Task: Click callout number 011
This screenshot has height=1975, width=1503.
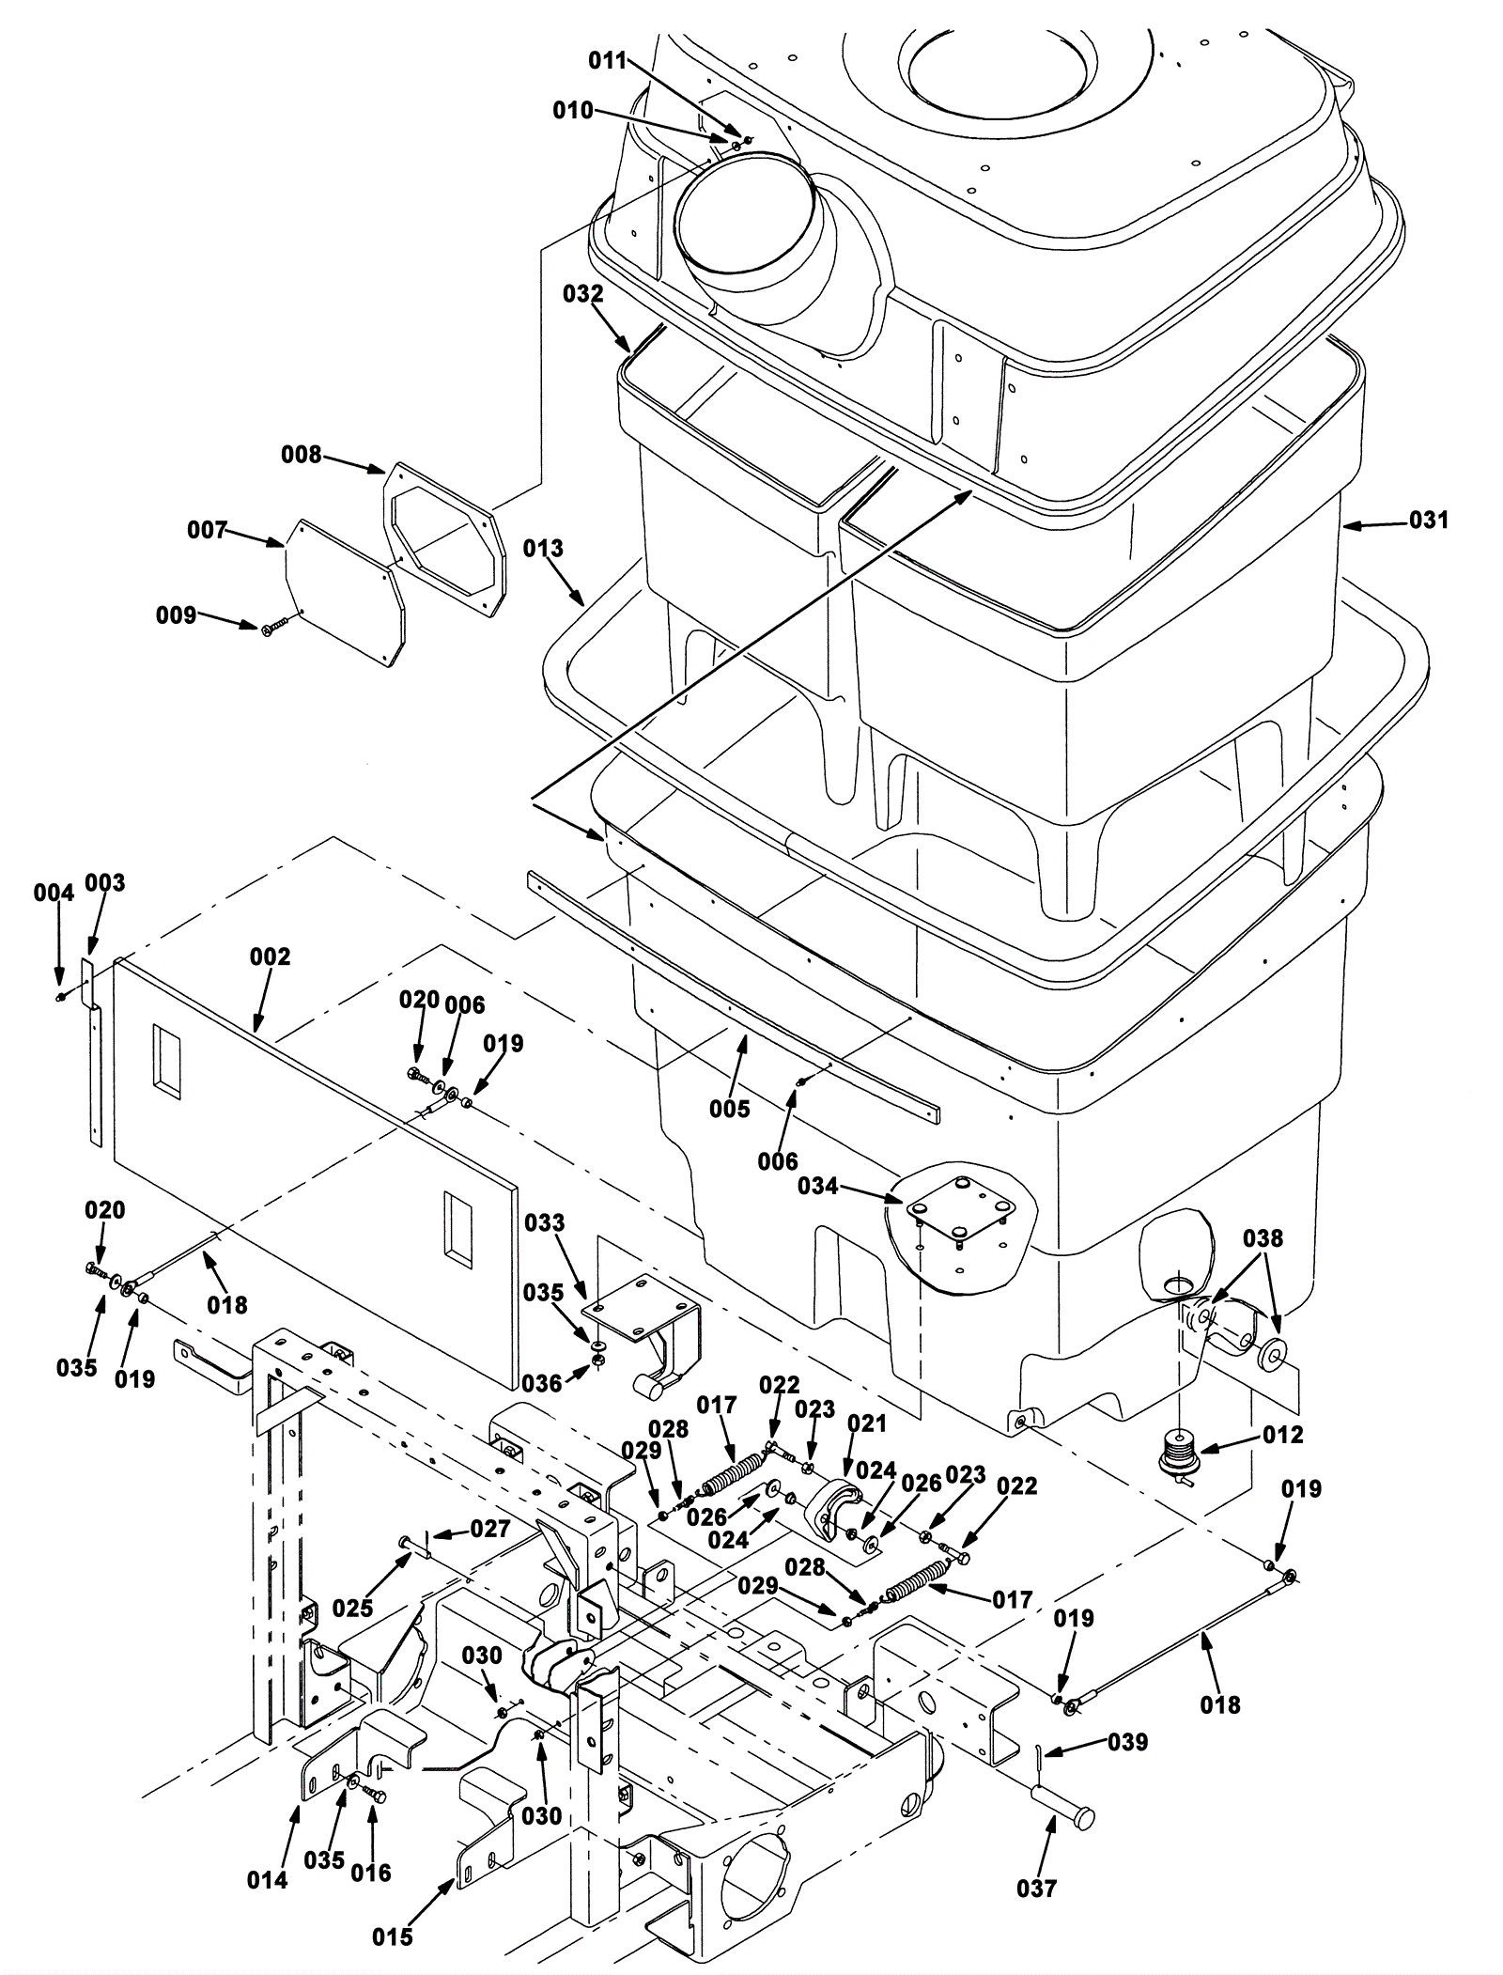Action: tap(607, 61)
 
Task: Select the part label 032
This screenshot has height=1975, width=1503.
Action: tap(583, 294)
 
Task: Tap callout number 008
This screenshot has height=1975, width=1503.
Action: tap(302, 455)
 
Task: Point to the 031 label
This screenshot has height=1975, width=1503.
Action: tap(1429, 520)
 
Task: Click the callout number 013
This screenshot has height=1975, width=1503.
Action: tap(544, 548)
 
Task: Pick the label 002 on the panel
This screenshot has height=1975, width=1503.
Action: tap(271, 956)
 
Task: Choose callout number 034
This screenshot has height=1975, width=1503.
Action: tap(817, 1186)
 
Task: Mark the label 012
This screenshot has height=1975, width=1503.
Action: tap(1283, 1435)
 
